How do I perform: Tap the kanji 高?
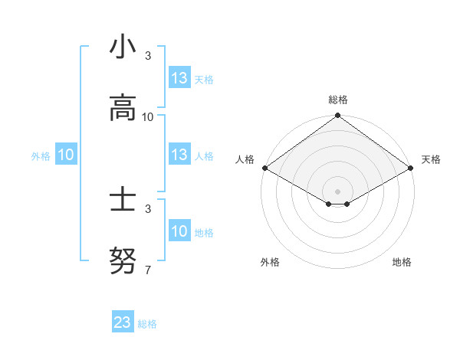[x=123, y=108]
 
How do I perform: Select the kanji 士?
[x=123, y=201]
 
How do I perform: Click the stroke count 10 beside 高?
[x=148, y=117]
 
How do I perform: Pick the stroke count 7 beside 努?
[x=148, y=270]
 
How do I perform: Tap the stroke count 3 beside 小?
[x=148, y=56]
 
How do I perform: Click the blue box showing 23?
[x=123, y=322]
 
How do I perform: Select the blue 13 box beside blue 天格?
[x=179, y=78]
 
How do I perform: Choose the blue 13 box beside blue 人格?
[x=179, y=155]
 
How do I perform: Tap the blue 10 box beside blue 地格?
[x=179, y=231]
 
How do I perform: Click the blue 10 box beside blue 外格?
[x=66, y=155]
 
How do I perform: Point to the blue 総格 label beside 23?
[x=147, y=324]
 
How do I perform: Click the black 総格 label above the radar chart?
[x=338, y=100]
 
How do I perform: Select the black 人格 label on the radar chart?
[x=245, y=159]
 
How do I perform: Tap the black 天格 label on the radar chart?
[x=431, y=159]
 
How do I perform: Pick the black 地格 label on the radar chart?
[x=402, y=262]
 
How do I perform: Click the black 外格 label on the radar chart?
[x=270, y=262]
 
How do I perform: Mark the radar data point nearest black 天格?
[x=412, y=168]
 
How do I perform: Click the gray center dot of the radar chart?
[x=338, y=191]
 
